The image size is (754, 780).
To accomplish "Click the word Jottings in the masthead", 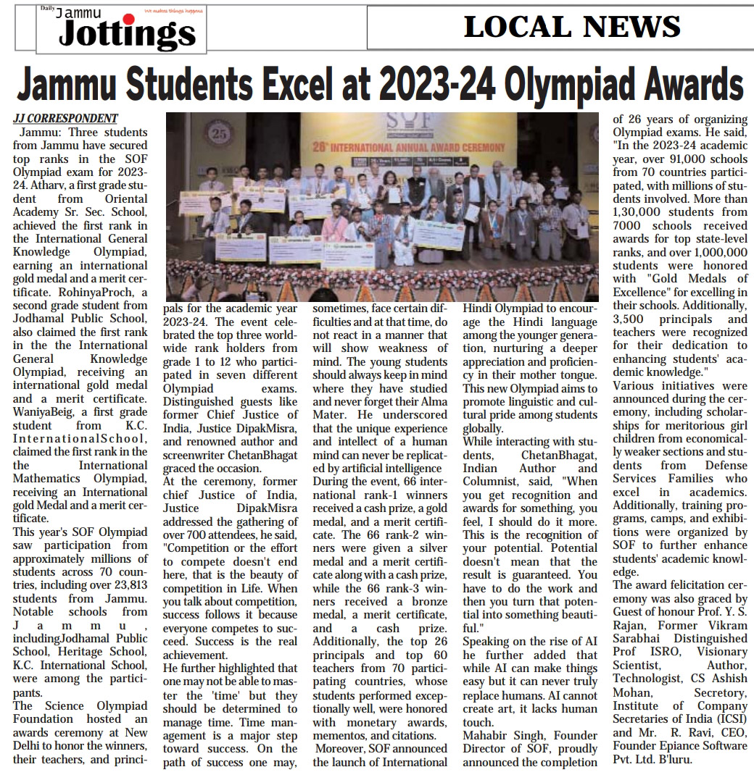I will click(x=127, y=33).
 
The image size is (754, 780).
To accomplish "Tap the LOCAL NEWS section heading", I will click(x=572, y=27).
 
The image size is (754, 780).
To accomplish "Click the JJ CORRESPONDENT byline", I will click(x=65, y=119).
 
